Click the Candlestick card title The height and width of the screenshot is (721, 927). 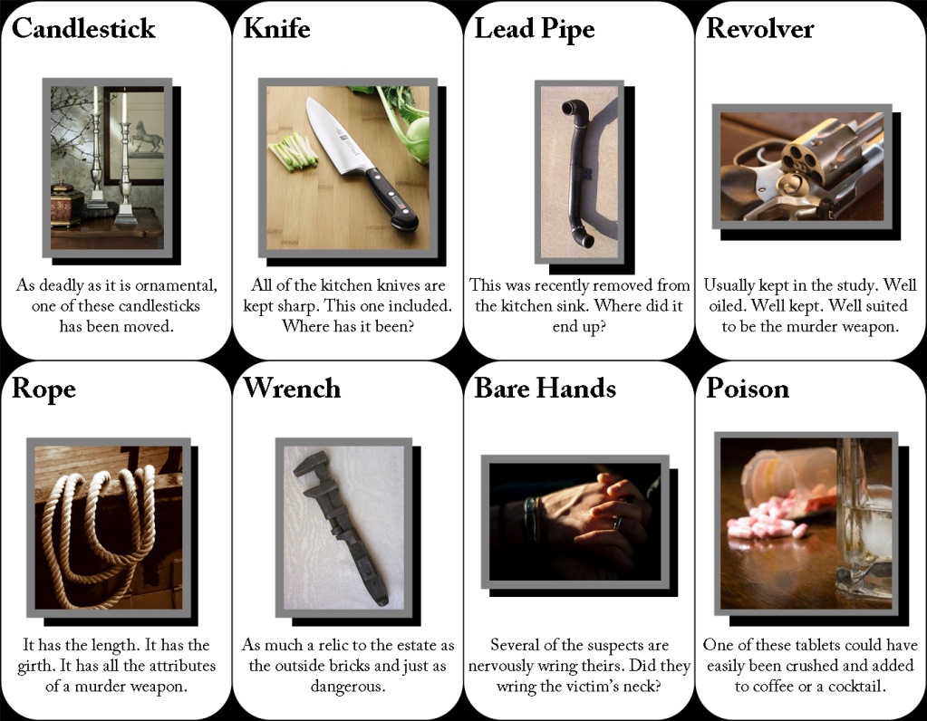(x=83, y=29)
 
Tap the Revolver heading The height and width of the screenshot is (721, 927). (x=759, y=28)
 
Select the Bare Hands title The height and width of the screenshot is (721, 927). (x=545, y=389)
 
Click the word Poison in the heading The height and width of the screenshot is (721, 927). (x=748, y=389)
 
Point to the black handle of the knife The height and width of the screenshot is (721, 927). (x=391, y=200)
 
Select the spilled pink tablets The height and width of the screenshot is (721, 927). (x=768, y=521)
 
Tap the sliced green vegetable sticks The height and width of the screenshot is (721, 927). (x=293, y=150)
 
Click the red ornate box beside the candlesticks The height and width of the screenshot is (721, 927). (x=66, y=204)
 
